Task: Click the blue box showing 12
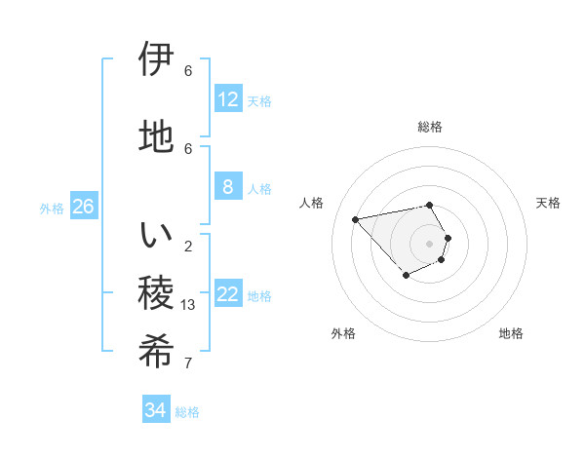pyautogui.click(x=227, y=99)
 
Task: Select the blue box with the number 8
pyautogui.click(x=227, y=187)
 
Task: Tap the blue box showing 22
pyautogui.click(x=227, y=294)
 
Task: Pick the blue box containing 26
pyautogui.click(x=83, y=207)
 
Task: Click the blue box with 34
pyautogui.click(x=155, y=410)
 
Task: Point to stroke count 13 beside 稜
pyautogui.click(x=189, y=305)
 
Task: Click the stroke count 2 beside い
pyautogui.click(x=188, y=246)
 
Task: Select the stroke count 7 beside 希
pyautogui.click(x=188, y=363)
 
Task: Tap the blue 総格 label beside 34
pyautogui.click(x=187, y=412)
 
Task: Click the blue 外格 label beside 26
pyautogui.click(x=52, y=209)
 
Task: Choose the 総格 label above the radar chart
pyautogui.click(x=430, y=127)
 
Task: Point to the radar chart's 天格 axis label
pyautogui.click(x=548, y=203)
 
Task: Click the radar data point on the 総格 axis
pyautogui.click(x=430, y=205)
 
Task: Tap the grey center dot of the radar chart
pyautogui.click(x=430, y=244)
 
